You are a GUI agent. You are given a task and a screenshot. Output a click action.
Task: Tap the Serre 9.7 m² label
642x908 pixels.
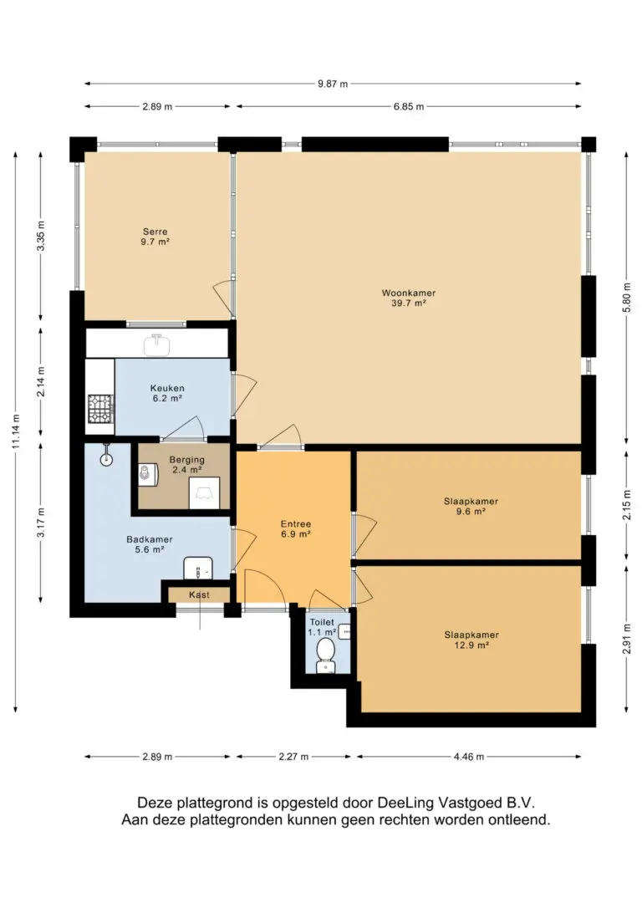point(155,237)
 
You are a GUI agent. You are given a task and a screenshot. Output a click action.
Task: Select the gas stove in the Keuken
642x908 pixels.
point(100,409)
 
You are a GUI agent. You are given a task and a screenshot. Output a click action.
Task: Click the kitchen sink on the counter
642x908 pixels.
point(157,345)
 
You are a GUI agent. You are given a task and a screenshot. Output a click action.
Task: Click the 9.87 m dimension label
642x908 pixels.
point(333,84)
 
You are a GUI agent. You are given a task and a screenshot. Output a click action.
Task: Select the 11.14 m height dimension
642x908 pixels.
point(16,432)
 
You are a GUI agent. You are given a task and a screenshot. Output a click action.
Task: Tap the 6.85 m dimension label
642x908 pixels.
point(409,106)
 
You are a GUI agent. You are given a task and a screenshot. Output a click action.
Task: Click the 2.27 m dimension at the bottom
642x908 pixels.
point(293,757)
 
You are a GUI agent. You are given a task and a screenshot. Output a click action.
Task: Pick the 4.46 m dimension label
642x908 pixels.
point(469,757)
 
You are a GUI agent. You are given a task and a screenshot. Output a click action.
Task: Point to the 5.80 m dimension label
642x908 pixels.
point(626,298)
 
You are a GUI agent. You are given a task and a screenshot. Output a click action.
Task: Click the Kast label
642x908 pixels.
point(199,594)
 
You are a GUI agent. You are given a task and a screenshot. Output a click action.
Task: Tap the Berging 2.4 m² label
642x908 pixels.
point(187,465)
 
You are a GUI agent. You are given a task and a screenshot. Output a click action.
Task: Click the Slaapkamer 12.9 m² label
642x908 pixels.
point(471,640)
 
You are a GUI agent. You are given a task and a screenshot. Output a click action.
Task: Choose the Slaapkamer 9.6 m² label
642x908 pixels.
point(471,506)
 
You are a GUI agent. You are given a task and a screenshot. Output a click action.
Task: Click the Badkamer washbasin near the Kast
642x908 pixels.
point(198,568)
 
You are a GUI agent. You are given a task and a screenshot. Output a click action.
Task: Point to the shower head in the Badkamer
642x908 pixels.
point(106,455)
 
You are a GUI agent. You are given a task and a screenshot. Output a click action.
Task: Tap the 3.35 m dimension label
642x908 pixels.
point(40,236)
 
